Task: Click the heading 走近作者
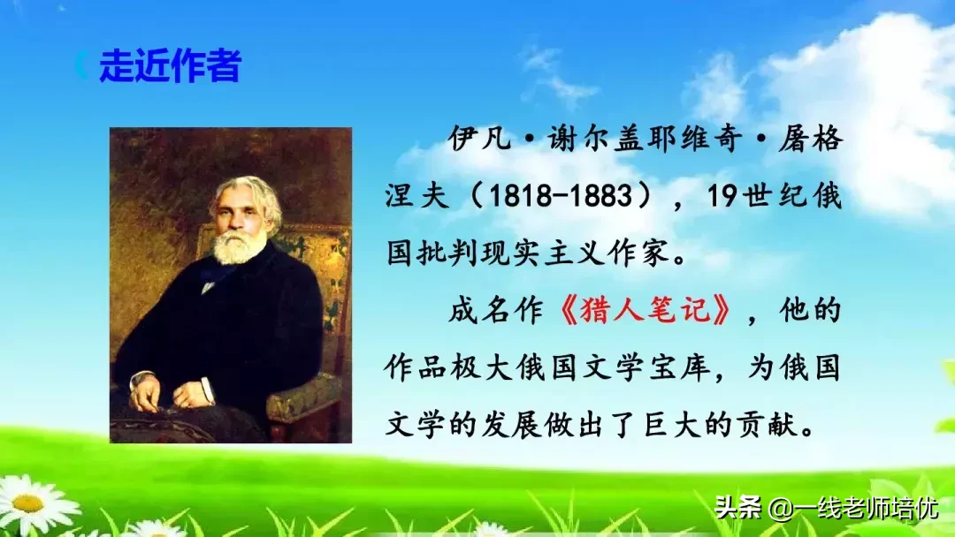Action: click(169, 66)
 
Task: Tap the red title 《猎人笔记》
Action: click(646, 311)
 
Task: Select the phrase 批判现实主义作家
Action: click(547, 253)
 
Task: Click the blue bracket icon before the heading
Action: click(81, 66)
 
